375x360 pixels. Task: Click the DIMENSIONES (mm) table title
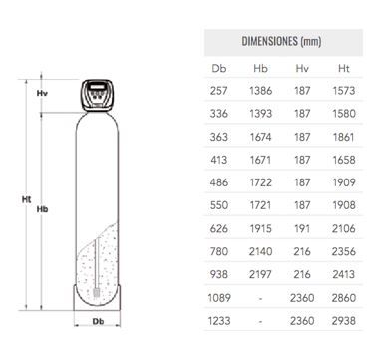click(x=281, y=42)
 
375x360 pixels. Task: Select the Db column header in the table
click(x=219, y=68)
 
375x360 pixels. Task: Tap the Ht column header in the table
click(x=344, y=68)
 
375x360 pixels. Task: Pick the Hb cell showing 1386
click(x=261, y=91)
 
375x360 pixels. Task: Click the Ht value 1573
click(x=344, y=91)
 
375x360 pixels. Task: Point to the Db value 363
click(x=219, y=137)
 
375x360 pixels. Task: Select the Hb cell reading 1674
click(x=261, y=137)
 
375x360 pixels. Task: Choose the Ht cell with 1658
click(x=344, y=160)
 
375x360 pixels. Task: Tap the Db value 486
click(x=219, y=182)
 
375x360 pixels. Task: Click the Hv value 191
click(x=302, y=228)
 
